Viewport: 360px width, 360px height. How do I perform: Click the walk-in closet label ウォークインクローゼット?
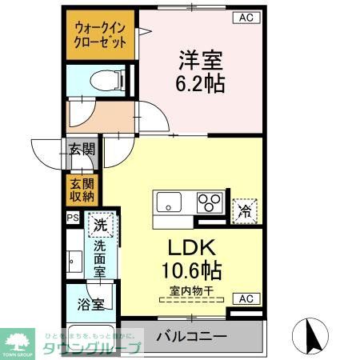coord(100,34)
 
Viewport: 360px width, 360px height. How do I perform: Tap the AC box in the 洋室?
coord(246,17)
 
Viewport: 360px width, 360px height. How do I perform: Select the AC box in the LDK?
coord(246,298)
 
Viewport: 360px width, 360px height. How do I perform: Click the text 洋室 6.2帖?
coord(200,70)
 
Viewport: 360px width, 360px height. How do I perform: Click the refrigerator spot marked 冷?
coord(246,210)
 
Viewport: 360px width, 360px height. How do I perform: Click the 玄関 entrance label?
coord(81,149)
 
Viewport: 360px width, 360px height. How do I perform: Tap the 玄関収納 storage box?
coord(81,190)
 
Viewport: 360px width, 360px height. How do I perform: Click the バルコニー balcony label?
coord(192,335)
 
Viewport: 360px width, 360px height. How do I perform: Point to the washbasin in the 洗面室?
coord(74,260)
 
